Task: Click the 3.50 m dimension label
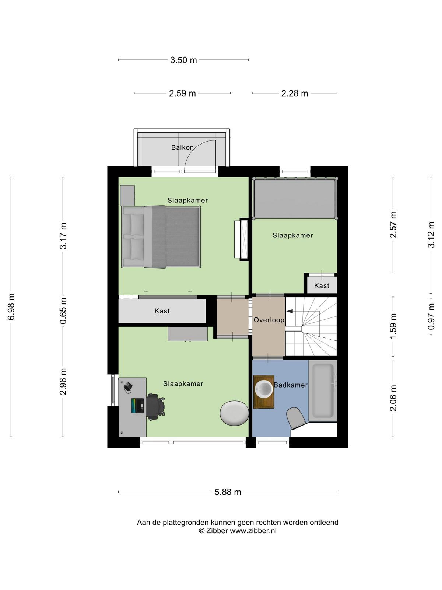click(183, 60)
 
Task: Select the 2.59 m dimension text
click(182, 93)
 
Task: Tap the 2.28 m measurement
click(294, 93)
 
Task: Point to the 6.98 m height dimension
click(11, 307)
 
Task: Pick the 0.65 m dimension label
click(63, 311)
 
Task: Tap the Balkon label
click(182, 147)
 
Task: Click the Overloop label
click(269, 320)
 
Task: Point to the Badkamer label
click(291, 385)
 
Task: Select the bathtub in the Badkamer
click(323, 391)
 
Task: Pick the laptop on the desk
click(137, 406)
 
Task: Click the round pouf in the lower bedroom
click(234, 413)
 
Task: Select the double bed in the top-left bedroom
click(161, 237)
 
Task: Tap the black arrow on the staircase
click(290, 311)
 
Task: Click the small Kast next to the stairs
click(322, 285)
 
